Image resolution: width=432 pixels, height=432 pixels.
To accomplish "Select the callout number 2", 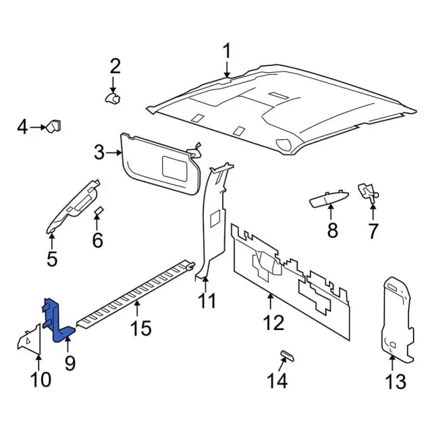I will (x=115, y=66).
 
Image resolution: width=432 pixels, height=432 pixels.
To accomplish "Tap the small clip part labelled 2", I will (x=113, y=99).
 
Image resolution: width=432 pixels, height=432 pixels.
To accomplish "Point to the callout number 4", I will (x=22, y=126).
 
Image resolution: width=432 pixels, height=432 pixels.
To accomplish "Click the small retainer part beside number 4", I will (x=53, y=126).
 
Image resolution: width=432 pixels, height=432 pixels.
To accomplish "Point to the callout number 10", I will (x=40, y=379).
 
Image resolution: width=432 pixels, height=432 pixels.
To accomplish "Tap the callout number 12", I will (x=273, y=323).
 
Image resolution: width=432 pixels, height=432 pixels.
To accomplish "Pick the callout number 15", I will (x=142, y=328).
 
